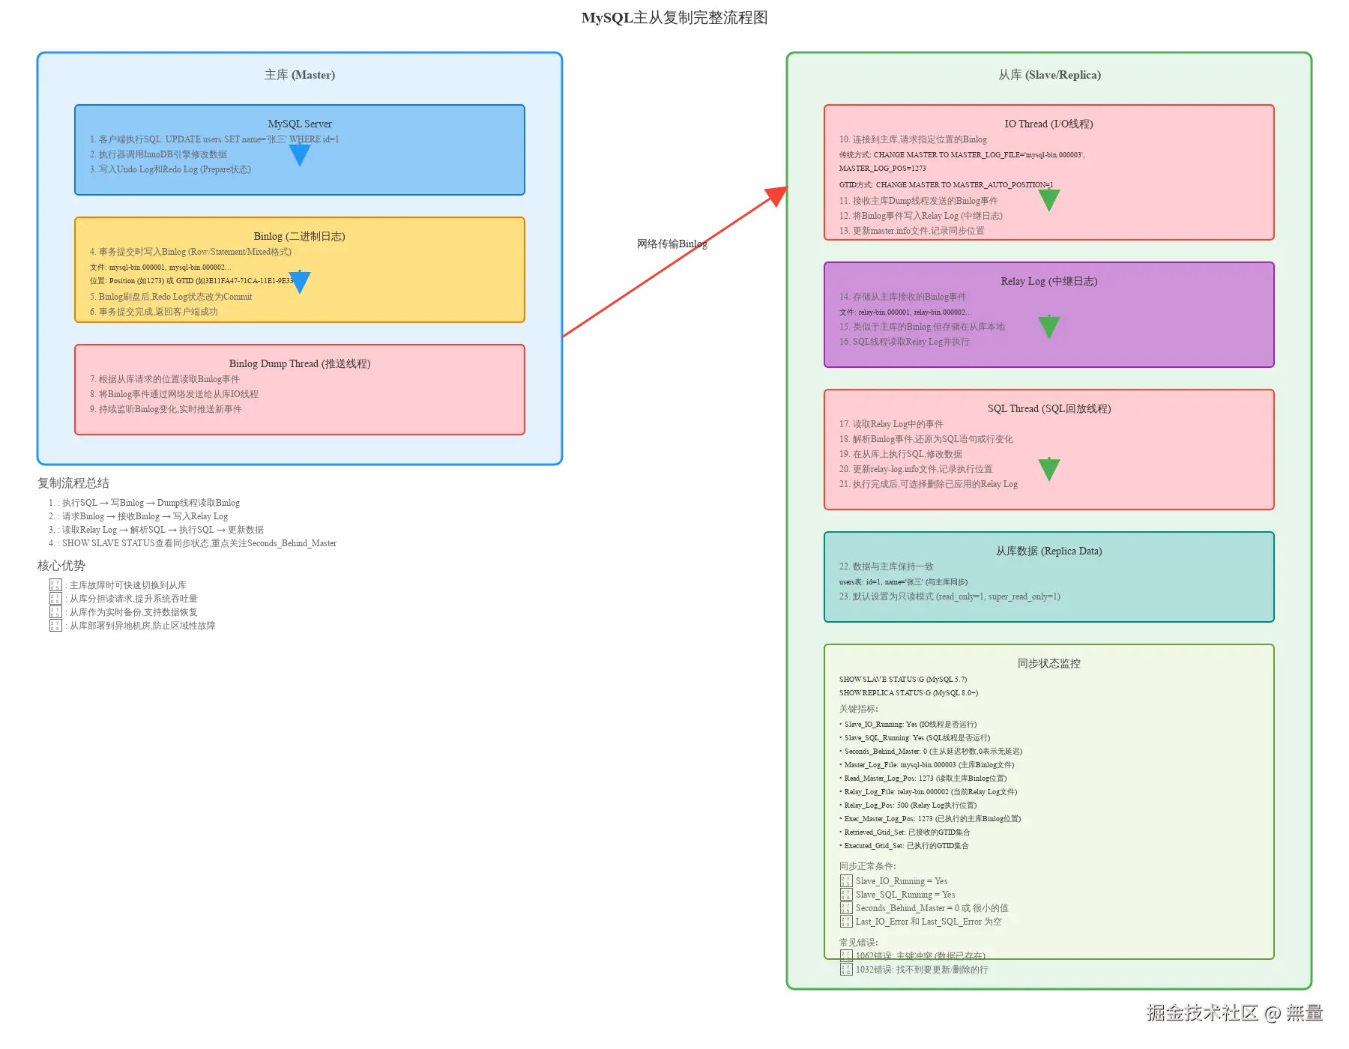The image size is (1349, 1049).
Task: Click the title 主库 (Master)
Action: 300,75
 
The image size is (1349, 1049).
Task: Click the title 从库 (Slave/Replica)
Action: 1049,75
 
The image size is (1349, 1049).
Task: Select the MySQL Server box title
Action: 300,124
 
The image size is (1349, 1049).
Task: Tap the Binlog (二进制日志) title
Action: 300,236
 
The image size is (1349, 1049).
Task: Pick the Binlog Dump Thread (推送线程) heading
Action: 300,363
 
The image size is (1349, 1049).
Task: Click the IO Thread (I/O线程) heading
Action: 1049,124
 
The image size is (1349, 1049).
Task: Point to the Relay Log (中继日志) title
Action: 1049,281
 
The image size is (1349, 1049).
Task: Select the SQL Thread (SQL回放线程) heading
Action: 1049,408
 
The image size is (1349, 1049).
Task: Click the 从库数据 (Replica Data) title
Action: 1049,551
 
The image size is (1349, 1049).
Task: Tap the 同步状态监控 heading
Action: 1049,663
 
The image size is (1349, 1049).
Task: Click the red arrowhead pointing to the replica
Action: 776,195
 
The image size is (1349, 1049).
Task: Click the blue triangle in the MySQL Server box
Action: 300,154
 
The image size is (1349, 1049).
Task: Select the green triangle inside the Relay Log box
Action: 1049,327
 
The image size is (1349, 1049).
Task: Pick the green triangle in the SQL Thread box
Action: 1049,469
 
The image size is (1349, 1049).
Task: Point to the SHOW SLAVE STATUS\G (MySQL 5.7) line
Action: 903,680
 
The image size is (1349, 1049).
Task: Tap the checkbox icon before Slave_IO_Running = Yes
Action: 846,881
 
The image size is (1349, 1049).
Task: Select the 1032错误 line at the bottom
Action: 922,970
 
